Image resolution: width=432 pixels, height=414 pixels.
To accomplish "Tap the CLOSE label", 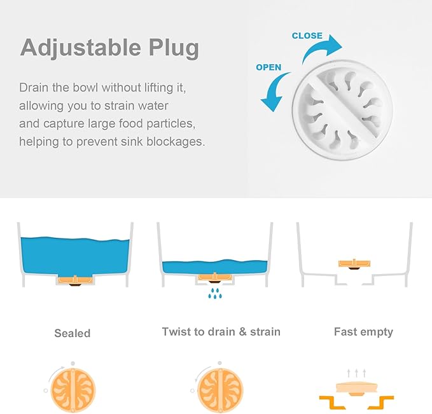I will (307, 36).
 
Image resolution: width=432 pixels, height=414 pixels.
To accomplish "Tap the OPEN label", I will (268, 67).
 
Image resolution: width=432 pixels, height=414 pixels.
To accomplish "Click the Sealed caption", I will (72, 333).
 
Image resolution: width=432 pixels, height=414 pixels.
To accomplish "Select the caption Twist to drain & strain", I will (221, 332).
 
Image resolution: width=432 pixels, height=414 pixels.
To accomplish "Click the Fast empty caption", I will (363, 332).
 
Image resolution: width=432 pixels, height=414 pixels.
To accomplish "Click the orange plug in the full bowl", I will (76, 279).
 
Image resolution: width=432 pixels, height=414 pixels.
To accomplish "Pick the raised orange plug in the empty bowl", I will (355, 263).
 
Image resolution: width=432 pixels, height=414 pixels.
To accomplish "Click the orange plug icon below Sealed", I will (73, 389).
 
